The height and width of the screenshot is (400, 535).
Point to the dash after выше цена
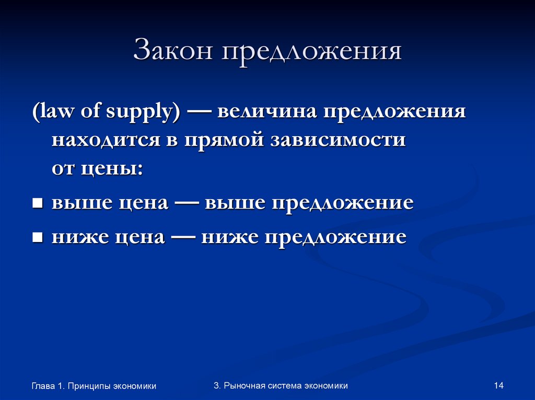click(187, 203)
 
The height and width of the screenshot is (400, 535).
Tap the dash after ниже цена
click(183, 237)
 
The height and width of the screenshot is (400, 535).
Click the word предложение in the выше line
click(342, 203)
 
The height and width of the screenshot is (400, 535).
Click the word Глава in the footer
click(43, 386)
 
